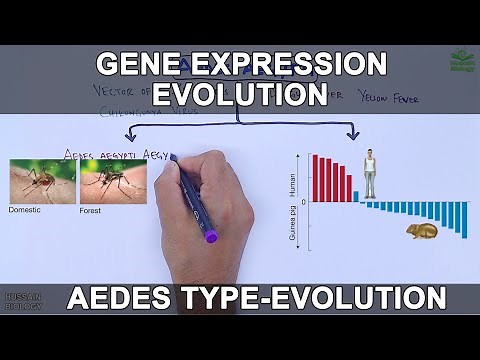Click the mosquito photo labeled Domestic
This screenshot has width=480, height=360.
(42, 183)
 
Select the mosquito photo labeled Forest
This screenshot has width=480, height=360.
(113, 183)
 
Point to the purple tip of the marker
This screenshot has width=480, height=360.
(211, 238)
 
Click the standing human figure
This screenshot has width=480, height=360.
(370, 173)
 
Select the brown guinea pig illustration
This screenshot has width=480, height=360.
(421, 231)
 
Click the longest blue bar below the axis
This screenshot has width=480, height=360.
(464, 226)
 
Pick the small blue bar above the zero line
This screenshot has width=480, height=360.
(356, 196)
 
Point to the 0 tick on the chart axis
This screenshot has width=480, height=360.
(303, 202)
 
